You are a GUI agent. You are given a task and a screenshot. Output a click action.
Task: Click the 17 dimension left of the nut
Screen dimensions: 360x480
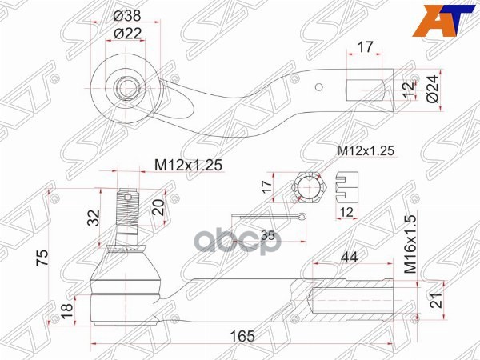268,189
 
